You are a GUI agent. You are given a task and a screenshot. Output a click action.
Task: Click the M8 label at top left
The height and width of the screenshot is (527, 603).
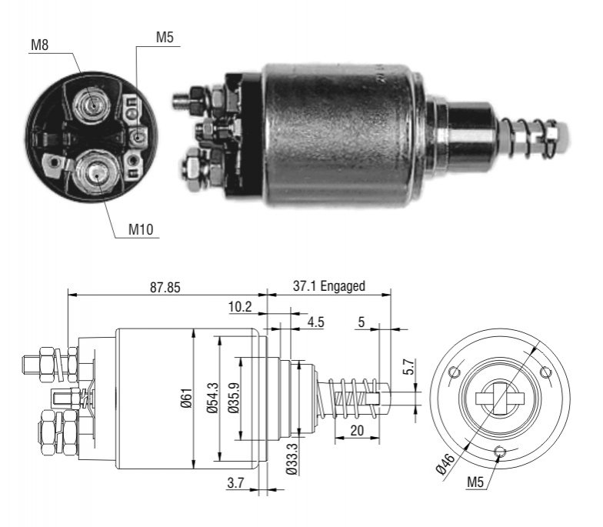click(x=40, y=45)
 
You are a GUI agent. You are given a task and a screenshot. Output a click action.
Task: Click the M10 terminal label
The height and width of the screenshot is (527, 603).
click(x=141, y=229)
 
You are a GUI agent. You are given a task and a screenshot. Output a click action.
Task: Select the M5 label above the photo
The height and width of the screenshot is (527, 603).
click(x=165, y=37)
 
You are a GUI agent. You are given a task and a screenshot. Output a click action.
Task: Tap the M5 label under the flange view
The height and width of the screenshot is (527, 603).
click(x=475, y=482)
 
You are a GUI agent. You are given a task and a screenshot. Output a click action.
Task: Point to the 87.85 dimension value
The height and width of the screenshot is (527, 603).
click(x=165, y=287)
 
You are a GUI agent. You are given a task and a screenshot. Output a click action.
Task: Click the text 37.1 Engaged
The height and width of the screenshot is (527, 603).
click(x=329, y=286)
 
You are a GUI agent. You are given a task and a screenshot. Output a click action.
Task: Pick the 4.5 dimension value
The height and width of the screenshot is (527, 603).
click(x=315, y=322)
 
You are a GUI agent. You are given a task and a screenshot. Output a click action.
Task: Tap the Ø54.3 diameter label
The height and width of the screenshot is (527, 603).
click(x=212, y=399)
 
